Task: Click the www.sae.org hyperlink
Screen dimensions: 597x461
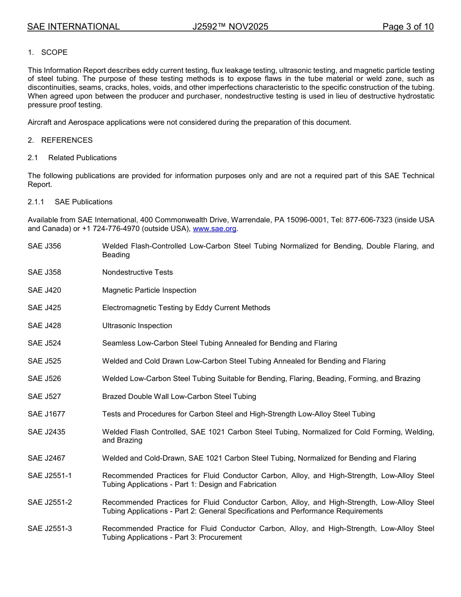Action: (x=214, y=229)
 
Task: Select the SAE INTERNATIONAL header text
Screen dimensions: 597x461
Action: (x=73, y=27)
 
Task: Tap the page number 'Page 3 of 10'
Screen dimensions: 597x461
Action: (x=408, y=27)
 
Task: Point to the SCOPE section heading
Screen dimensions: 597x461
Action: (x=54, y=52)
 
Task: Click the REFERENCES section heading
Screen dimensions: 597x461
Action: (x=66, y=140)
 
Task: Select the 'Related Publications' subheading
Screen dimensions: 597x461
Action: (x=82, y=158)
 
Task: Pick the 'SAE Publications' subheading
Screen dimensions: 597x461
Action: (x=83, y=202)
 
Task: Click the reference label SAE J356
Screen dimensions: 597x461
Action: (x=45, y=246)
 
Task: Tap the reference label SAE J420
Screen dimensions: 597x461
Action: (x=45, y=290)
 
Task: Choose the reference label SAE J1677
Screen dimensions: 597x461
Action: (x=47, y=414)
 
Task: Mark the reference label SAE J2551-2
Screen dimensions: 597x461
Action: (x=50, y=502)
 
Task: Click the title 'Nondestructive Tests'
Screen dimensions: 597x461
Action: (x=137, y=272)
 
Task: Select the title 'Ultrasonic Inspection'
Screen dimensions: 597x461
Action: (x=137, y=326)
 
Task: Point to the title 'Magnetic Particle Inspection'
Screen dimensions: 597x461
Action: (x=149, y=290)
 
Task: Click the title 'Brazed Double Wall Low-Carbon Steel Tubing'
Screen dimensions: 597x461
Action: (x=179, y=397)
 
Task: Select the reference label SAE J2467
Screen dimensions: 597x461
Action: (x=47, y=458)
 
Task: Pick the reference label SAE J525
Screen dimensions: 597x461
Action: (x=45, y=361)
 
